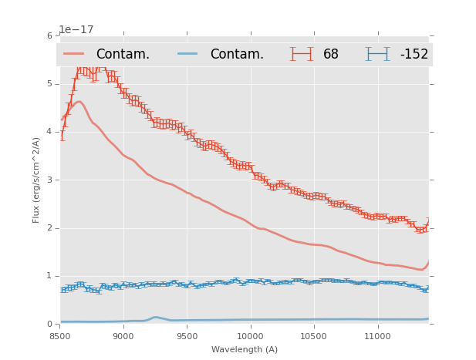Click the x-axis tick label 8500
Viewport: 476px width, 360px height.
click(x=59, y=337)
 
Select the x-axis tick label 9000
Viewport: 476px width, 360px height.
click(x=123, y=337)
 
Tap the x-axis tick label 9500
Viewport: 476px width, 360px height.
click(x=187, y=337)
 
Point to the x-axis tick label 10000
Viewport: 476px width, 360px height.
click(x=250, y=337)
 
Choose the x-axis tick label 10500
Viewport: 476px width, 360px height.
click(x=314, y=337)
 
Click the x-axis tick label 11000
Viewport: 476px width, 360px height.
click(x=377, y=337)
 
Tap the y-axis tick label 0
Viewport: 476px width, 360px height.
click(x=50, y=325)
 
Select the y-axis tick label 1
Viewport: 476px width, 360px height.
click(x=50, y=276)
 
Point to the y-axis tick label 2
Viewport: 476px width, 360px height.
click(x=50, y=228)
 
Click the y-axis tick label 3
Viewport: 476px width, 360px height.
click(x=50, y=180)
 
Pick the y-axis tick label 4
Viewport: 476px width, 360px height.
click(x=50, y=132)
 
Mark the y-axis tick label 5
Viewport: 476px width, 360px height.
click(x=50, y=83)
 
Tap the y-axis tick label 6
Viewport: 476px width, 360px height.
click(x=50, y=35)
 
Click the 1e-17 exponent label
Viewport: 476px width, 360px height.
click(x=77, y=29)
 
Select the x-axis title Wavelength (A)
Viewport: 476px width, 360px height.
click(x=245, y=349)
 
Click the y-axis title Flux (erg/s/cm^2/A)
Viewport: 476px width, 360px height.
click(x=36, y=180)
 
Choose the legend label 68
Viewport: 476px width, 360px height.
click(x=331, y=55)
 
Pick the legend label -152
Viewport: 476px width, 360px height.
click(x=414, y=55)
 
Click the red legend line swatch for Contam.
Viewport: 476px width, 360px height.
click(x=75, y=54)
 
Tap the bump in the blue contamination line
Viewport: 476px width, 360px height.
click(x=156, y=318)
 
